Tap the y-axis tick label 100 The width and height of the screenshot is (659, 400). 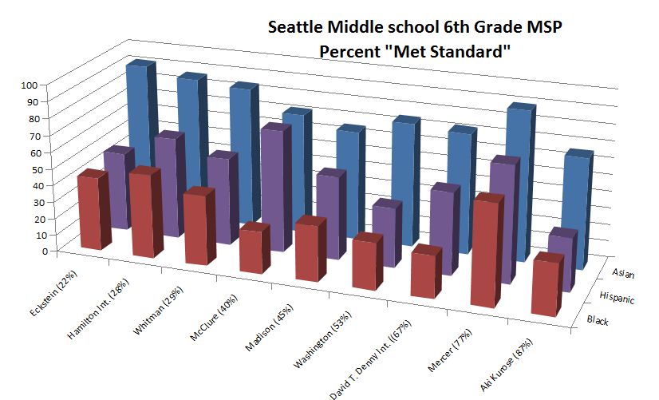point(29,84)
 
